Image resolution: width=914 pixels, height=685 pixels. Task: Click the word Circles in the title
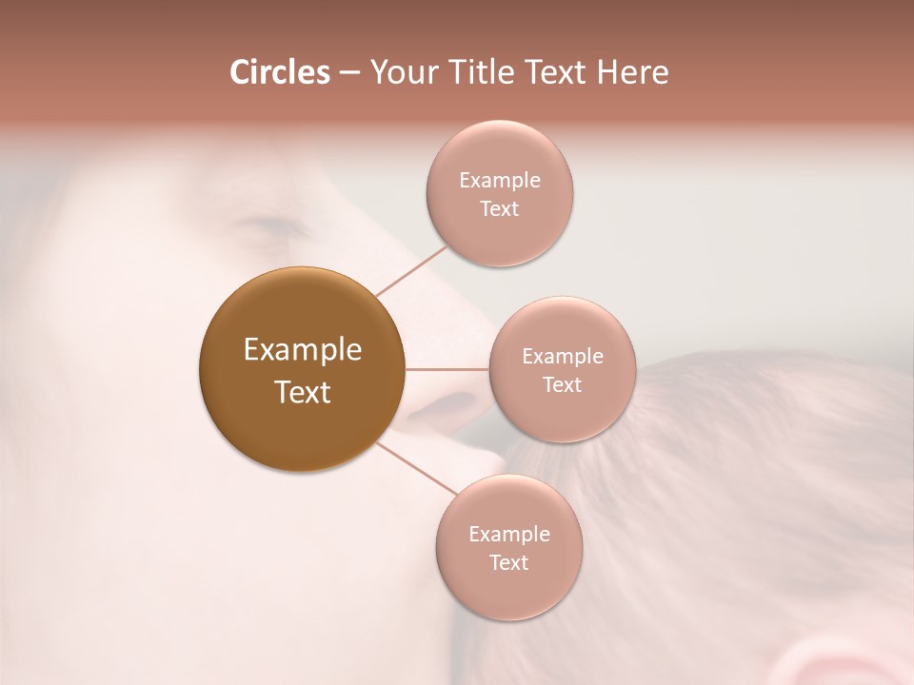pyautogui.click(x=279, y=72)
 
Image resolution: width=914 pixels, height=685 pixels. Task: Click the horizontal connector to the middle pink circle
pyautogui.click(x=447, y=369)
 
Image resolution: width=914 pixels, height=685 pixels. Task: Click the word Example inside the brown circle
pyautogui.click(x=303, y=350)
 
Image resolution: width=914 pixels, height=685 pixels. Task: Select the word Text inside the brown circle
pyautogui.click(x=303, y=392)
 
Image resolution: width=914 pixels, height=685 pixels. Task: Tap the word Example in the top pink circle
pyautogui.click(x=499, y=181)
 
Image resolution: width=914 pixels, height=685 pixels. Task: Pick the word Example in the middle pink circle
pyautogui.click(x=562, y=357)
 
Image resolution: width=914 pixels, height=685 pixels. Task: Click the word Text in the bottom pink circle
pyautogui.click(x=508, y=563)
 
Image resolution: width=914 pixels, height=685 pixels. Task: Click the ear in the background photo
pyautogui.click(x=838, y=666)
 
